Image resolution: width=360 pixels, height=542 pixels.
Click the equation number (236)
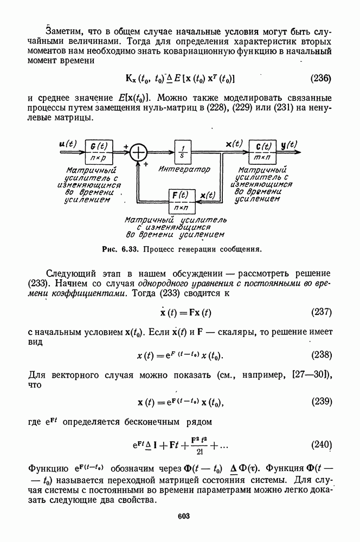pos(320,78)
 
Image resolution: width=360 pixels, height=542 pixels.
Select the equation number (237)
pos(320,313)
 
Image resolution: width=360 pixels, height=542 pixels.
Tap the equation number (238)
pos(320,356)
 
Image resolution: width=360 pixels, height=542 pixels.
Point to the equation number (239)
pos(320,402)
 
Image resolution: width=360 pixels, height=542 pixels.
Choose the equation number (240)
pos(320,446)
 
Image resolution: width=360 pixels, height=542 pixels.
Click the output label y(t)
pos(290,144)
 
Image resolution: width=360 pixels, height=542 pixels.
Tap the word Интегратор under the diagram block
pos(184,169)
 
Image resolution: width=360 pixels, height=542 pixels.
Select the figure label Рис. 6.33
pos(116,250)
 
